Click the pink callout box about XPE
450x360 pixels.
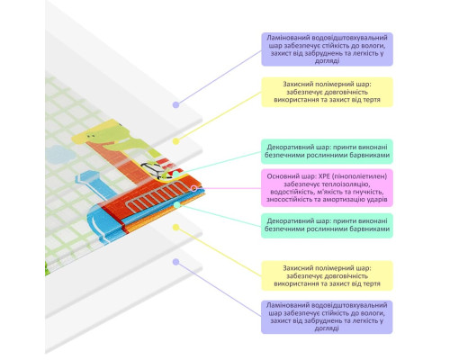coord(327,188)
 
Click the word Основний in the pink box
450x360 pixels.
coord(281,176)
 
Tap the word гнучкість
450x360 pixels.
coord(369,192)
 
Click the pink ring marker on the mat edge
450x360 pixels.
coord(194,188)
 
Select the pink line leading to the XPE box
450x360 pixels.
coord(229,188)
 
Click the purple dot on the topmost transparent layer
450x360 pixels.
coord(176,104)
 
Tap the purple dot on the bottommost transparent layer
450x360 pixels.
coord(176,262)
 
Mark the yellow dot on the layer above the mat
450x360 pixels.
coord(176,141)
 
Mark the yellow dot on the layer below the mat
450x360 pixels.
coord(176,228)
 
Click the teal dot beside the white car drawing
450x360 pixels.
coord(176,174)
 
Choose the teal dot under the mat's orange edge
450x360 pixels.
coord(177,205)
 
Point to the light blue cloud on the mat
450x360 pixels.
coord(60,155)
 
